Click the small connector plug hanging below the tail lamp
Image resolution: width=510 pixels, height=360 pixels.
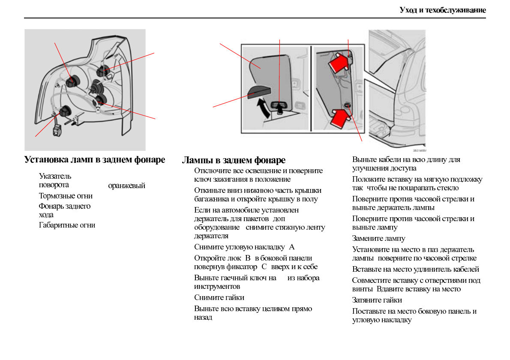tap(57, 130)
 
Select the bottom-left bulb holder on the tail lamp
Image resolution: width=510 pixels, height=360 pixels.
tap(65, 111)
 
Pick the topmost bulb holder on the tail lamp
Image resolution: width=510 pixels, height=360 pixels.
tap(103, 71)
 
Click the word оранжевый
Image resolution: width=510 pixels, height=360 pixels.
tap(126, 186)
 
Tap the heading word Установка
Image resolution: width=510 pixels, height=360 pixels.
tap(45, 160)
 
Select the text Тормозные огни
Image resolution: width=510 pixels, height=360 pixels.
tap(66, 196)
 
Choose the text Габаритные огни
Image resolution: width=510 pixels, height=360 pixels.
tap(67, 225)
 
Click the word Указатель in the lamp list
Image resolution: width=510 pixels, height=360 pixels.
tap(55, 176)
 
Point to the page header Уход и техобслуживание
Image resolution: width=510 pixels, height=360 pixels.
tap(443, 10)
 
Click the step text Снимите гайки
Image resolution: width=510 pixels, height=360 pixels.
tap(219, 297)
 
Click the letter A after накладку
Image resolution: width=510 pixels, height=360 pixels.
tap(292, 247)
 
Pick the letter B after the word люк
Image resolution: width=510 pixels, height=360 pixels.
tap(248, 258)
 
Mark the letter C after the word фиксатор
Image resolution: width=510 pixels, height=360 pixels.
tap(264, 267)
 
